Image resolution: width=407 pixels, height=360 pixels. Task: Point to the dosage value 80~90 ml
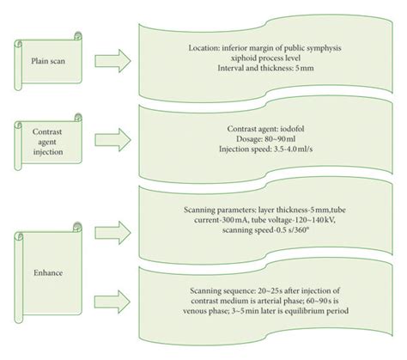pos(282,137)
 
